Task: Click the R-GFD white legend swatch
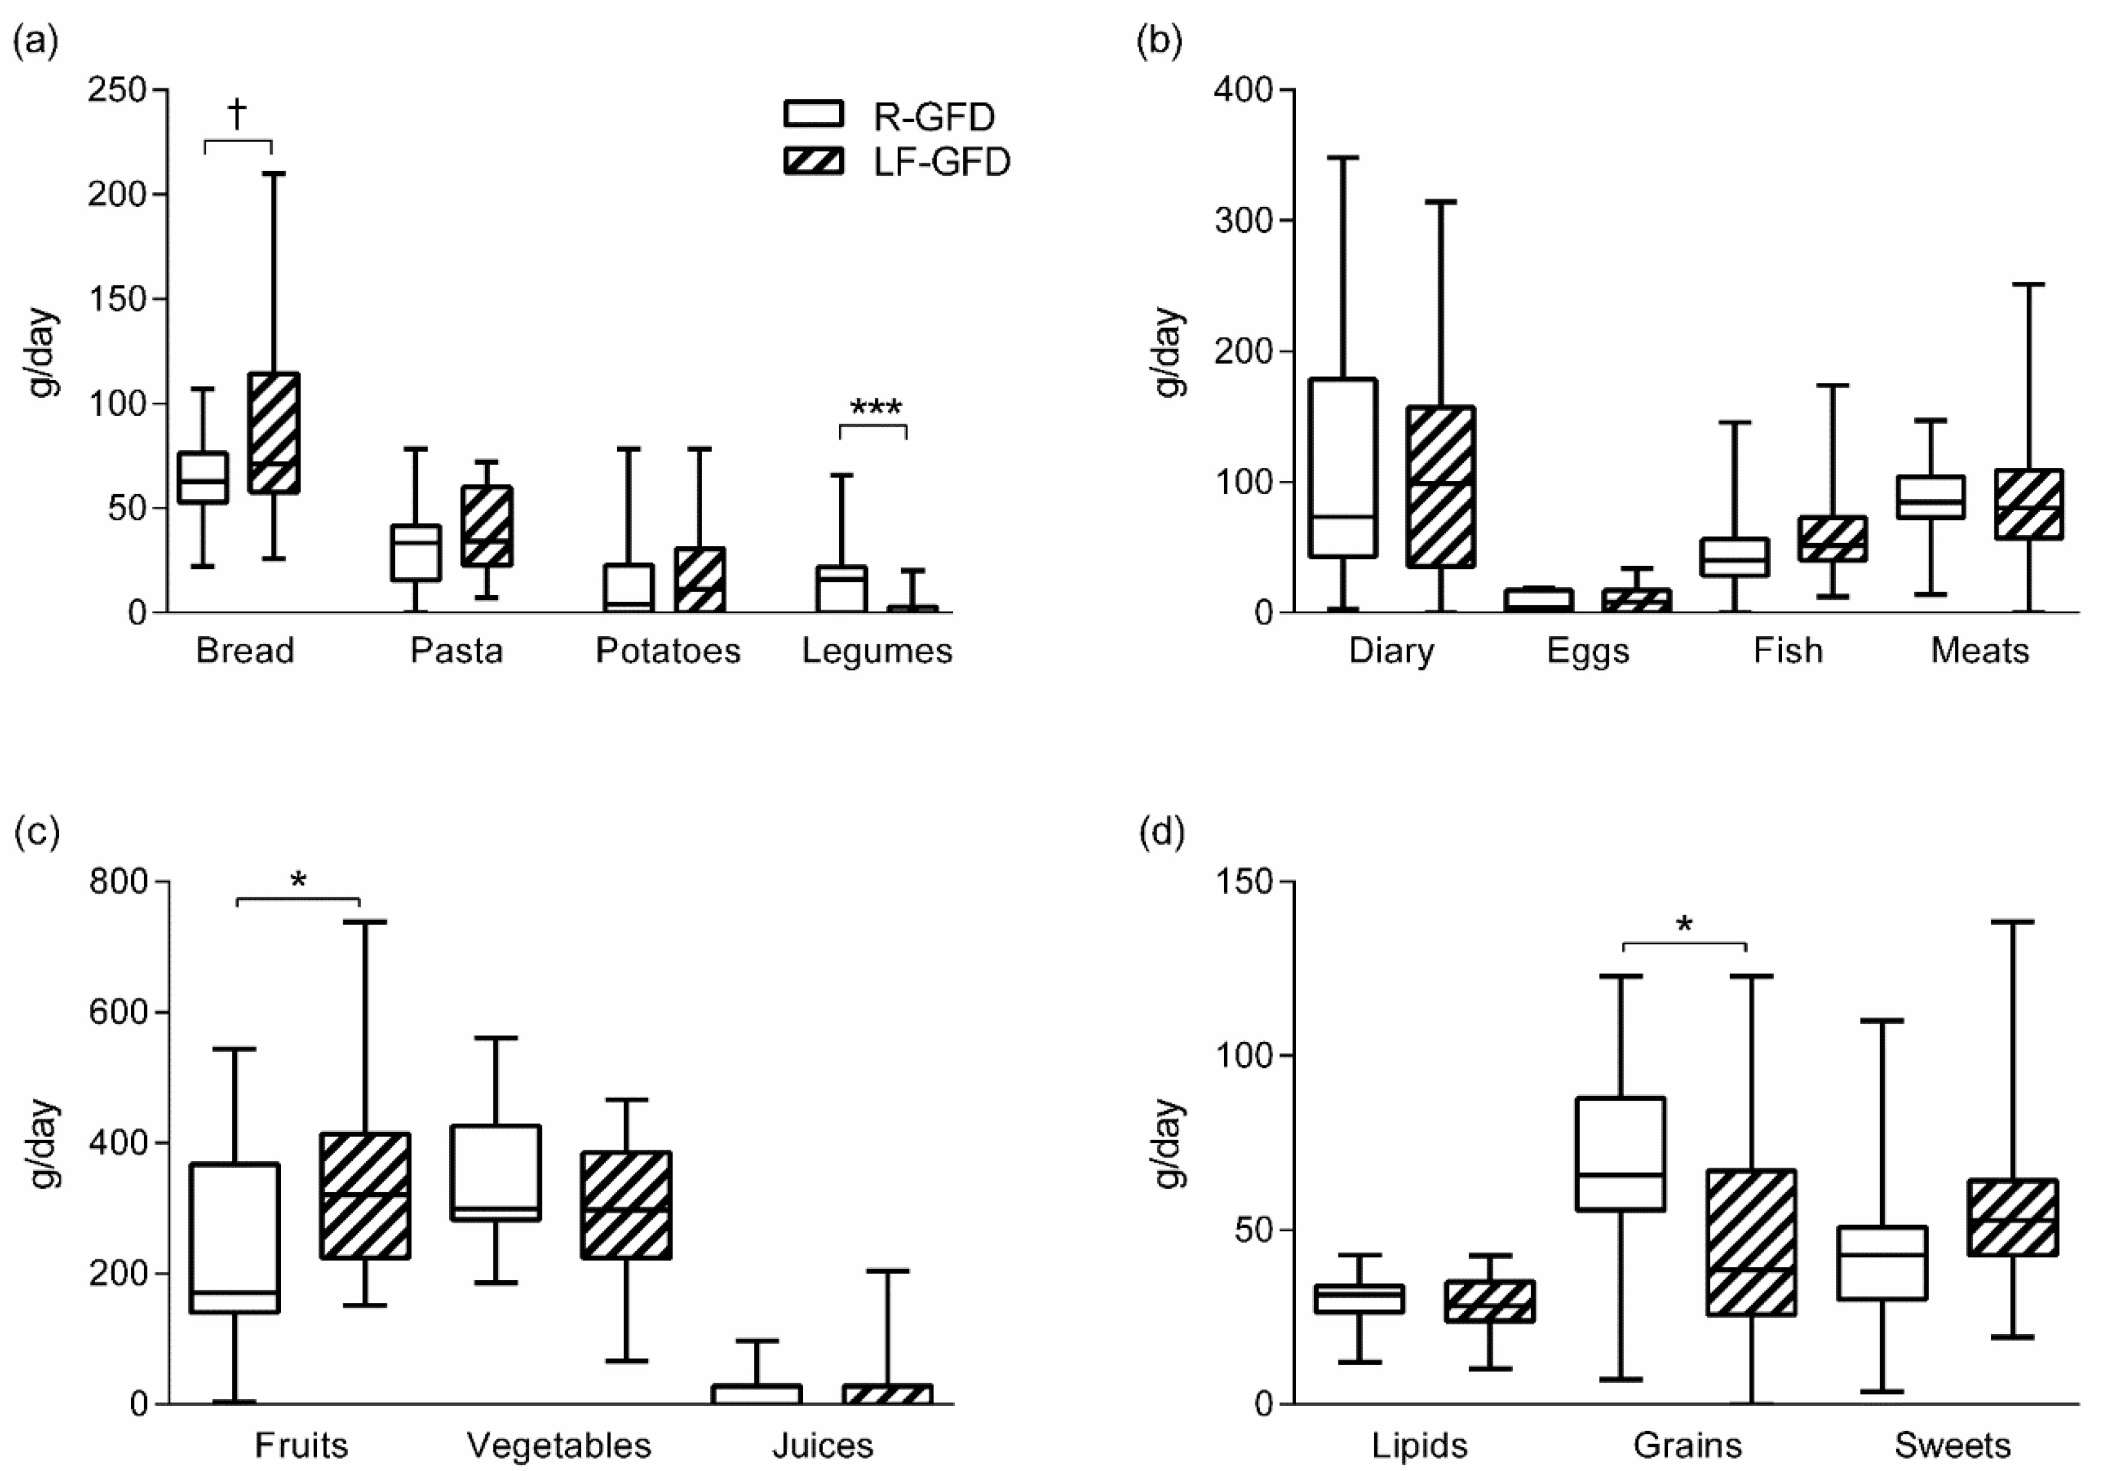tap(813, 114)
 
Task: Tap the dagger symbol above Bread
tap(237, 114)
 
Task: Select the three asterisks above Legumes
tap(875, 407)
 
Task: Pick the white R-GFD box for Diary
tap(1343, 467)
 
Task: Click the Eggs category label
tap(1588, 650)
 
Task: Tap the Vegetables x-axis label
tap(559, 1445)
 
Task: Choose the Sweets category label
tap(1952, 1445)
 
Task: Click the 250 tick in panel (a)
tap(116, 90)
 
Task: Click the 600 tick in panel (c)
tap(118, 1012)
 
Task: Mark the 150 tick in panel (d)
tap(1242, 881)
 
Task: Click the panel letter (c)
tap(36, 832)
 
